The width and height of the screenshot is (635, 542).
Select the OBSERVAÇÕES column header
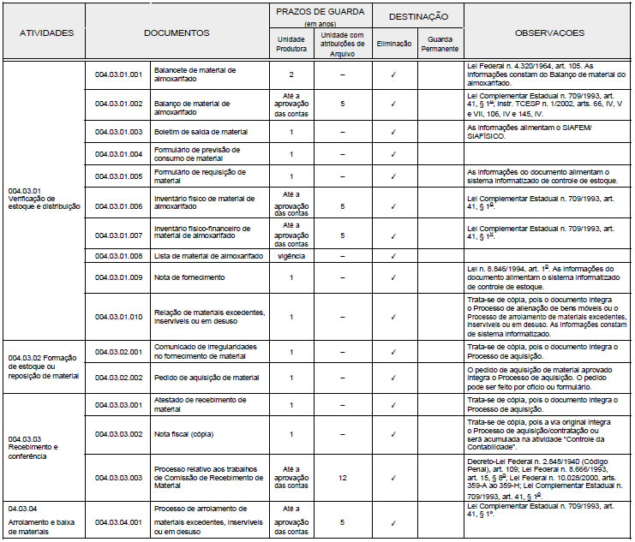coord(549,33)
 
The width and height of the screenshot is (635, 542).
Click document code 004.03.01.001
coord(118,74)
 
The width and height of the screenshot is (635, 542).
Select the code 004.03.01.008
coord(118,256)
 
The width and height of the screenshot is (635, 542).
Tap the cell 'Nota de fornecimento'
coord(189,277)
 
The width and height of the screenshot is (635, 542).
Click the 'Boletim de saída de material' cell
coord(200,132)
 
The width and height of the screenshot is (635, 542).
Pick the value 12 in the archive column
coord(342,477)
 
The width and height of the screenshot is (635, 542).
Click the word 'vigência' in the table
coord(291,256)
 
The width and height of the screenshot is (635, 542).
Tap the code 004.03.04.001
coord(118,521)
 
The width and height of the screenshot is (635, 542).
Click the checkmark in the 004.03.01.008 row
coord(393,256)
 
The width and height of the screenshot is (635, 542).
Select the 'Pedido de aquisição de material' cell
coord(206,378)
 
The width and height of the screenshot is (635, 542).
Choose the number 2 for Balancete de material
coord(291,74)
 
